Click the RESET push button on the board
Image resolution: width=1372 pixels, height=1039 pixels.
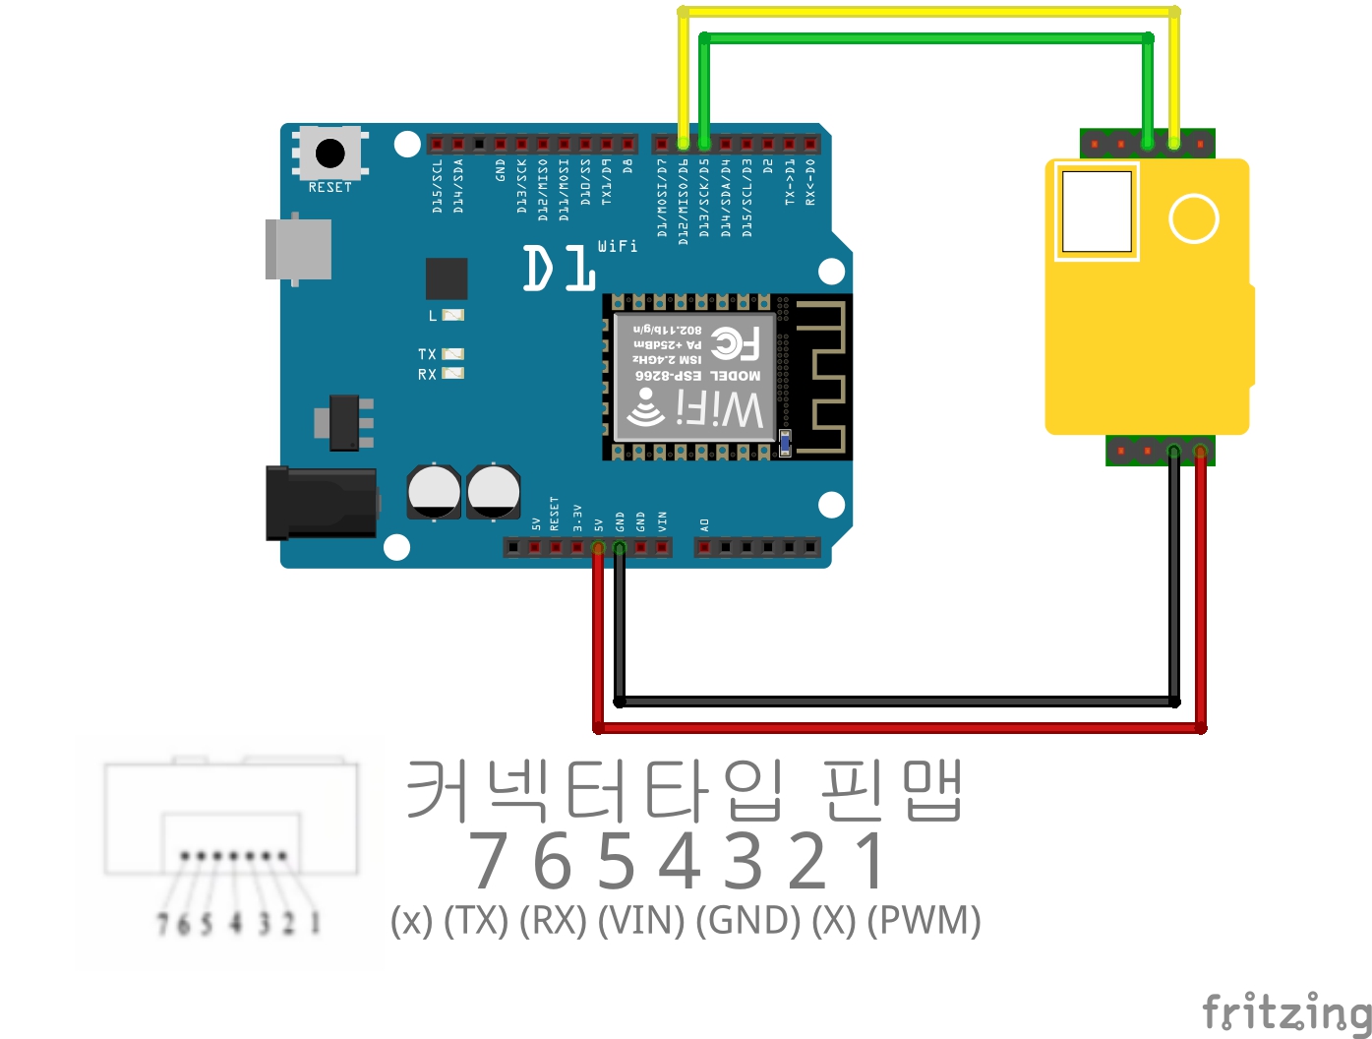click(329, 153)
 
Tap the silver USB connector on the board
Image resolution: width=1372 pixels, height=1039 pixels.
click(298, 249)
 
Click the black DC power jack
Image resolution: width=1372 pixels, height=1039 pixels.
click(321, 504)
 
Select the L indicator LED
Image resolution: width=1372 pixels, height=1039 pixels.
click(452, 315)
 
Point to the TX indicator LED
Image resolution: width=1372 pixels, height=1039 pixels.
click(452, 354)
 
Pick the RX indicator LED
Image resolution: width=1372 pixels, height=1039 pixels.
click(452, 374)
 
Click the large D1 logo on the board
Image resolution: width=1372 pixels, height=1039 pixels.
click(559, 269)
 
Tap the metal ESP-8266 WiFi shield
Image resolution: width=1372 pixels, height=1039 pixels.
click(694, 377)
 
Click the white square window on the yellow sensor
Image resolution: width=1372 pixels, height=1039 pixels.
click(1097, 212)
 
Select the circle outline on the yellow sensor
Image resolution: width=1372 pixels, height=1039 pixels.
click(1194, 218)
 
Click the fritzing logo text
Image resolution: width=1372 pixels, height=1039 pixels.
click(1286, 1011)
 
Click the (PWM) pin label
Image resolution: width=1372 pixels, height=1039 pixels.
click(925, 921)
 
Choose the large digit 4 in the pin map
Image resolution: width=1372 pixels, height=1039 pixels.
click(681, 861)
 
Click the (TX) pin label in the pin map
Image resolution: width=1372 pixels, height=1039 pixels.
click(476, 921)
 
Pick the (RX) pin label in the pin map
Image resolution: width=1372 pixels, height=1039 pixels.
click(553, 921)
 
